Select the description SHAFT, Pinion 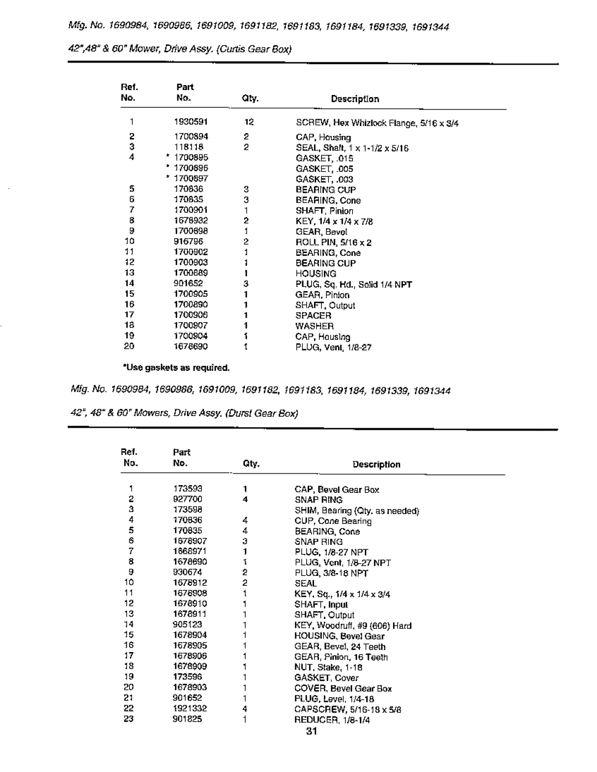click(x=324, y=211)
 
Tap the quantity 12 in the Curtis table click(x=248, y=122)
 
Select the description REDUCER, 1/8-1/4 click(x=332, y=720)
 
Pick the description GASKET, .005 click(x=324, y=169)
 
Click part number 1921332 click(x=188, y=708)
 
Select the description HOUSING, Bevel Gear click(x=339, y=636)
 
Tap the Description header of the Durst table click(x=376, y=464)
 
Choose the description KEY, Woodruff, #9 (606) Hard click(x=353, y=626)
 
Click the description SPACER click(x=313, y=316)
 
